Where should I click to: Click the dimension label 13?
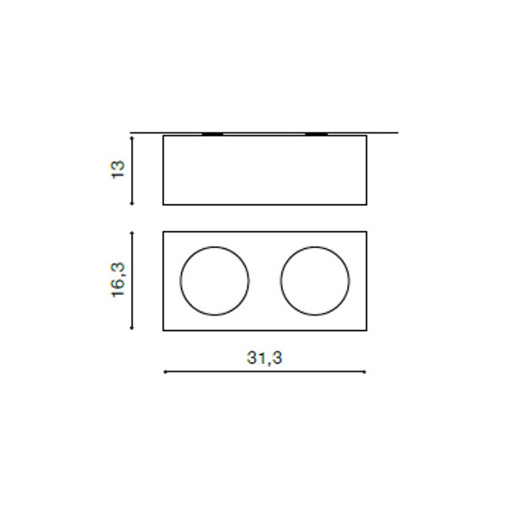[x=119, y=170]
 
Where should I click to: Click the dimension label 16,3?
[x=119, y=280]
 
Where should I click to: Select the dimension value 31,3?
[x=265, y=358]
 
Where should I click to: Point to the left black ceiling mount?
[x=212, y=134]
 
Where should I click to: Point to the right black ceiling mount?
[x=316, y=134]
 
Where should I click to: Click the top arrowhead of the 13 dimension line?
[x=132, y=138]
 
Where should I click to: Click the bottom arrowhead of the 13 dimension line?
[x=132, y=203]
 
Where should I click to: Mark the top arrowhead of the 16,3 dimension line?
[x=132, y=234]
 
